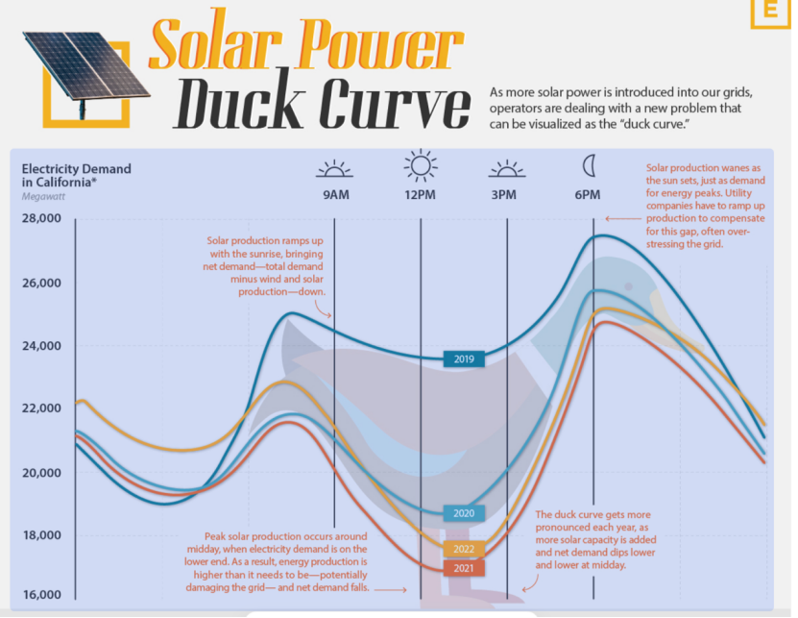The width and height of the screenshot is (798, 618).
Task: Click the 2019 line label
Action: coord(464,359)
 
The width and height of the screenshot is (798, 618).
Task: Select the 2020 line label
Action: coord(464,513)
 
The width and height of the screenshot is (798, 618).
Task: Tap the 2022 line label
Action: coord(464,550)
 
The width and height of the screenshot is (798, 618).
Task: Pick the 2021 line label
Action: coord(464,569)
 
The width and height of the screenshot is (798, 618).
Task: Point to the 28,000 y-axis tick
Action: coord(41,219)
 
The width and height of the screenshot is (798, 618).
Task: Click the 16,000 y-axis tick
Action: coord(41,595)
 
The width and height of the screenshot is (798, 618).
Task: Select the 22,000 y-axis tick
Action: coord(41,408)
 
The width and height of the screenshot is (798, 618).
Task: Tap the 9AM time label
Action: coord(334,195)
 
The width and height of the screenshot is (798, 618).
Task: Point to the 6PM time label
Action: coord(588,195)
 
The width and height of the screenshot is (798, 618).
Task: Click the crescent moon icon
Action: coord(589,166)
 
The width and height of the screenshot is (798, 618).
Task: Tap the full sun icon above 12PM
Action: coord(421,165)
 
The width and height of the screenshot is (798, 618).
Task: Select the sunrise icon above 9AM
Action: coord(334,169)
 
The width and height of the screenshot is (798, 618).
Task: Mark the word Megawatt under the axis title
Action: coord(45,196)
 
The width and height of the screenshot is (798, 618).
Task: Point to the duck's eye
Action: coord(628,286)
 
